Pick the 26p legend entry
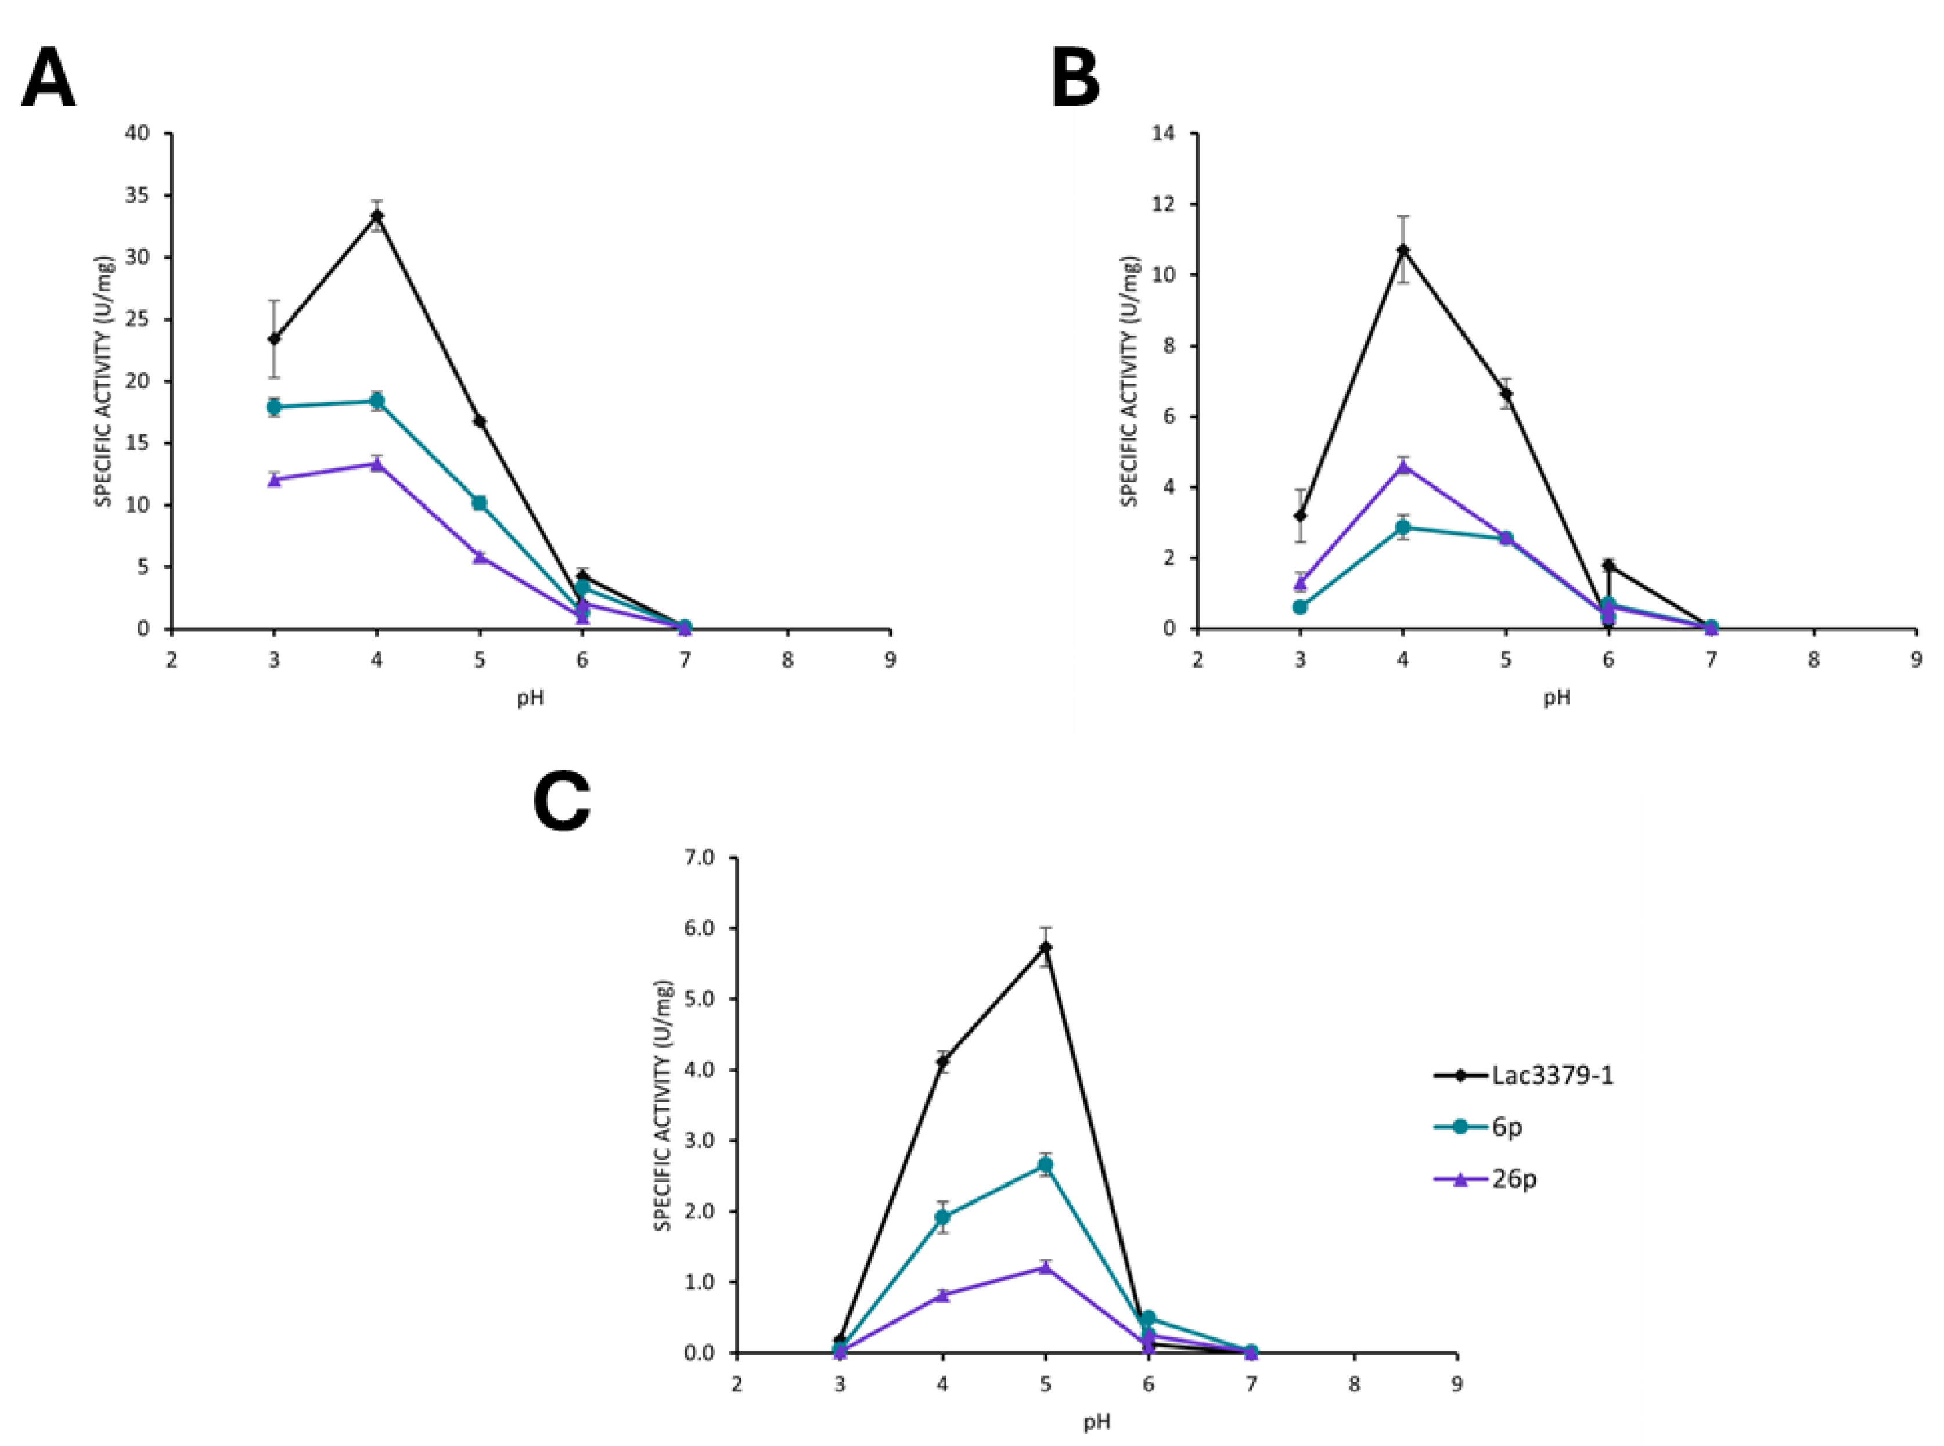tap(1513, 1178)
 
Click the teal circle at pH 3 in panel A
tap(274, 406)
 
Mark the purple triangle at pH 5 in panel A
tap(480, 557)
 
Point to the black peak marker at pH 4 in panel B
tap(1403, 250)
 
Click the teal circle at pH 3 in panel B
tap(1300, 607)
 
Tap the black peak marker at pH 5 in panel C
tap(1045, 947)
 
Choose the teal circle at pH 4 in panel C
tap(943, 1217)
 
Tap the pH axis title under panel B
tap(1556, 698)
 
